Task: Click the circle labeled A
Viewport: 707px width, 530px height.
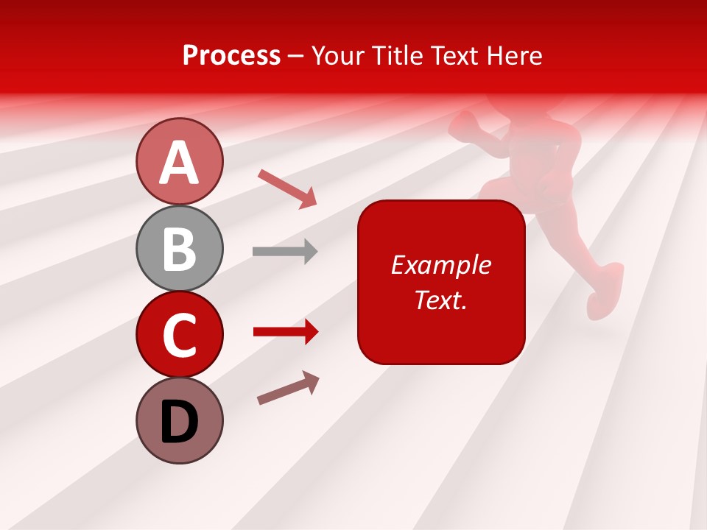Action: tap(179, 161)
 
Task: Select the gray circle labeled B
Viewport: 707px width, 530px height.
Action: tap(179, 248)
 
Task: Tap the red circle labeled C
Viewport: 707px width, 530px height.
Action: tap(179, 334)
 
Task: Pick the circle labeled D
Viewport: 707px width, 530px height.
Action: tap(179, 420)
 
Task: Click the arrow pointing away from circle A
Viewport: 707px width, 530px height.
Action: tap(287, 188)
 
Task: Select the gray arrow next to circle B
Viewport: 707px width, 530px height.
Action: tap(285, 252)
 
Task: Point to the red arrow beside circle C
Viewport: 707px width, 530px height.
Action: tap(286, 333)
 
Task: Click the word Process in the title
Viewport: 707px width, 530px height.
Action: tap(231, 56)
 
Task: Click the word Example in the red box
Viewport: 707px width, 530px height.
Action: tap(441, 265)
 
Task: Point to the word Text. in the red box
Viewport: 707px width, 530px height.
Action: tap(441, 300)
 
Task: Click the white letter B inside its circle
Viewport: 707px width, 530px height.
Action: tap(179, 249)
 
